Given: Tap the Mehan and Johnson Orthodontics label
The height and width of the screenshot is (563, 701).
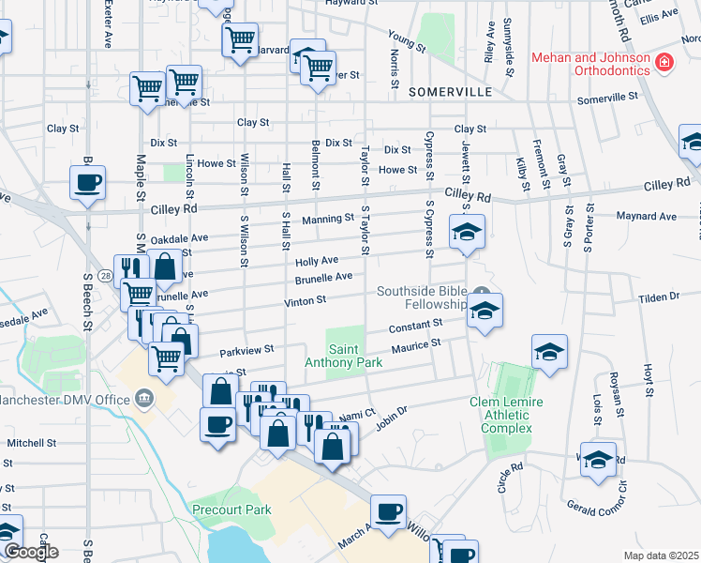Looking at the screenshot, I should click(590, 64).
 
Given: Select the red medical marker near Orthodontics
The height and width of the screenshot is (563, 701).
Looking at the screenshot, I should click(664, 63).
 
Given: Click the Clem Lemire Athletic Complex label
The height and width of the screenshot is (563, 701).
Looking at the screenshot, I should click(507, 415).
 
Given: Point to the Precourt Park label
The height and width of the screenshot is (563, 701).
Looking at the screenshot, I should click(231, 510).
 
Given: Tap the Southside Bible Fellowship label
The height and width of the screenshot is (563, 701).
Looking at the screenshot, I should click(422, 297).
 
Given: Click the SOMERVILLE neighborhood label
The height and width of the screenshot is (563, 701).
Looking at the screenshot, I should click(451, 92).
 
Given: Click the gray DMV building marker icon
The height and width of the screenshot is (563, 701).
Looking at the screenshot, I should click(145, 399).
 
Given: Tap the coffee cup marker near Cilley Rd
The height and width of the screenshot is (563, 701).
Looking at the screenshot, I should click(88, 182).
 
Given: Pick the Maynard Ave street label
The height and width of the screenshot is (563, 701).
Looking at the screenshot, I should click(646, 217).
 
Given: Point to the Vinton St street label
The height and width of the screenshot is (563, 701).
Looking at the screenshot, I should click(306, 301).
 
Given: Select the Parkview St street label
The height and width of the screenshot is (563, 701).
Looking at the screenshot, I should click(246, 351).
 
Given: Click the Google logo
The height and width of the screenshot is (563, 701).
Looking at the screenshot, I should click(30, 552).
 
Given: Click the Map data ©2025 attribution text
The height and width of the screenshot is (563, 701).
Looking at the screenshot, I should click(661, 555).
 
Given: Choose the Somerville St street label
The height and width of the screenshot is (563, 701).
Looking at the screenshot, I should click(607, 97).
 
